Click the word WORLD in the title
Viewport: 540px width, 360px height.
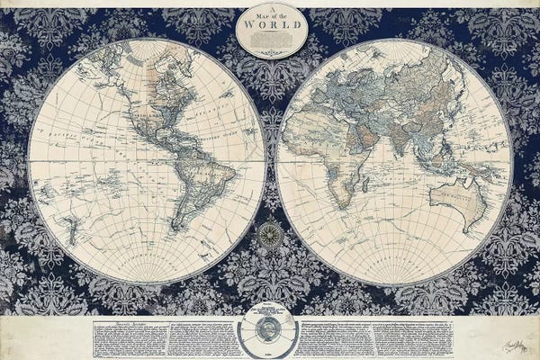[x=271, y=25]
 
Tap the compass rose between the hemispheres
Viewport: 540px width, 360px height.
[x=269, y=236]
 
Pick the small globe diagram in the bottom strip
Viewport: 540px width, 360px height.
[x=270, y=334]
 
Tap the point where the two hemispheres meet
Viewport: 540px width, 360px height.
[x=271, y=160]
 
